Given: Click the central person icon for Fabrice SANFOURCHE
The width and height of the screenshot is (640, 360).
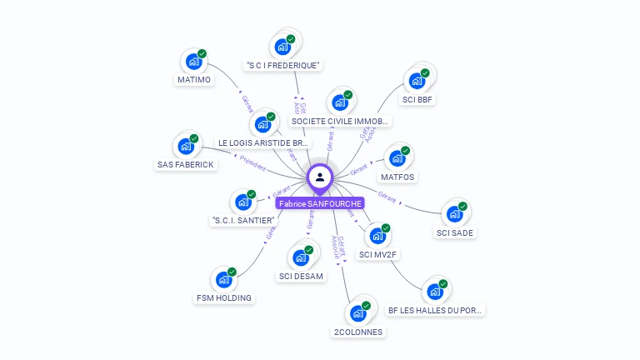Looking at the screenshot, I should tap(320, 177).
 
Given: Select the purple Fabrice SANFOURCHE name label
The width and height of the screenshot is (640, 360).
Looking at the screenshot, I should tap(320, 203).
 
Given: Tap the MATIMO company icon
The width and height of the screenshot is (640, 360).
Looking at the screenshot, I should tap(194, 62).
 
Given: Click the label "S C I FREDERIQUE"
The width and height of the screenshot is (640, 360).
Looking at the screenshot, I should tap(283, 65).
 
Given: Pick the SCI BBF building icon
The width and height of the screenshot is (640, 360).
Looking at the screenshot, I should tap(417, 82).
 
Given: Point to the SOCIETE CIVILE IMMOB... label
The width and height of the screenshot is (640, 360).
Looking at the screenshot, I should tap(339, 121).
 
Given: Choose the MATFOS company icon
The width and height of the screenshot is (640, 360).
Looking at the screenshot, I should tap(397, 158).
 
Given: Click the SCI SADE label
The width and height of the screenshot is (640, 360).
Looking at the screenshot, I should tap(456, 232).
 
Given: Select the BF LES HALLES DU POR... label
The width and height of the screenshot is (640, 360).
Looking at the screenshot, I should tap(435, 310).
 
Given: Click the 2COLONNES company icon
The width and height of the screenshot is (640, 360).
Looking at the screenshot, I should tap(358, 313).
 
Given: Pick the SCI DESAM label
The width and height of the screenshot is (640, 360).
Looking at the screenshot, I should tap(301, 276).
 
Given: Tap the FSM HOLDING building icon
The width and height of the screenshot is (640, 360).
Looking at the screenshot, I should tap(224, 279).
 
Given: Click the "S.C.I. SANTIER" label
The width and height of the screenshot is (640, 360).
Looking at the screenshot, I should tap(242, 220).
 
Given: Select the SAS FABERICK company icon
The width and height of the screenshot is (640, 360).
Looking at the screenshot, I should tap(186, 147).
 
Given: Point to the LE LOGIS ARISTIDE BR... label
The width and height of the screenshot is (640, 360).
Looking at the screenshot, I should tap(263, 142).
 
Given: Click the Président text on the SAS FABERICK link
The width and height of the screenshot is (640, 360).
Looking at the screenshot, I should tap(252, 162).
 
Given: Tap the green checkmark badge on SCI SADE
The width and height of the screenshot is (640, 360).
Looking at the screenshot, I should tap(462, 207).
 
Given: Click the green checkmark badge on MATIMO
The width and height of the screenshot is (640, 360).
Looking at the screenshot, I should tap(202, 53).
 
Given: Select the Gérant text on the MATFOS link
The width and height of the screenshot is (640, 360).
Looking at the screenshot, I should tap(359, 170).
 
